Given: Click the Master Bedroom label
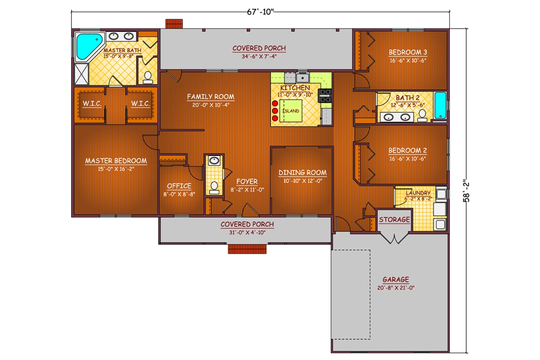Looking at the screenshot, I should tap(116, 160).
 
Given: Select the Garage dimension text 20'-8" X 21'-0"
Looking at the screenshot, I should tap(395, 288).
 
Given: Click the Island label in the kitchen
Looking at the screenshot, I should tap(292, 111).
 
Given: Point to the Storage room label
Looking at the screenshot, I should tap(394, 220).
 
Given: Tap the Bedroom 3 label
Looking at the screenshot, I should tap(408, 52).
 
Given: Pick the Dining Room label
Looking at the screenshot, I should tap(302, 173).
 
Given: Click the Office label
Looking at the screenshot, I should tap(179, 186).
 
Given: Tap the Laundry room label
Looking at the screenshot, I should tap(417, 193).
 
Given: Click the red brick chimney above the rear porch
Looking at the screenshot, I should tap(173, 24).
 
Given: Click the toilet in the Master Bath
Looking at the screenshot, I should tap(147, 77).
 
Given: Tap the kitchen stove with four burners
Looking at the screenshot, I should tap(326, 96).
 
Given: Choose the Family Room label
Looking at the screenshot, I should tap(211, 97).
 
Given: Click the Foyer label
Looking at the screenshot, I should tap(247, 181).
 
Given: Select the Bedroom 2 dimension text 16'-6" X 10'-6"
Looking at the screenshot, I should tap(408, 159).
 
